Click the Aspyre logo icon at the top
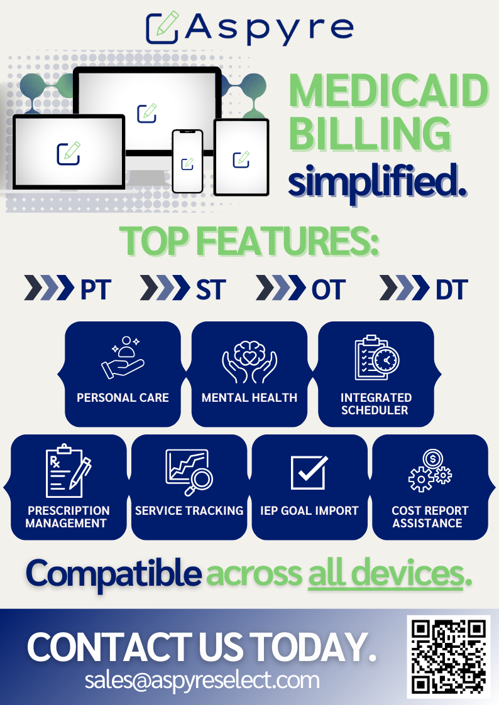point(162,28)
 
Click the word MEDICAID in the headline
point(389,91)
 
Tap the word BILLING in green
point(370,134)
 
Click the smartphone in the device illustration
point(188,161)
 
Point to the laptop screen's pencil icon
point(69,153)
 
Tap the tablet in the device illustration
point(241,158)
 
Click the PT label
point(96,289)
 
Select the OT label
point(329,289)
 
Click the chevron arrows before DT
point(405,288)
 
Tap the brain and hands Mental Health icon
point(249,362)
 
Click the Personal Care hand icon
point(123,358)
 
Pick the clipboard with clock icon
point(376,358)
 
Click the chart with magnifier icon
point(189,472)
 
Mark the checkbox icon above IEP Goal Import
point(309,472)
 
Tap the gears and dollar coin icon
point(430,470)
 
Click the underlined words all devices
point(386,573)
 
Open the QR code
point(449,657)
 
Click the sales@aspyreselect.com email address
point(202,680)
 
